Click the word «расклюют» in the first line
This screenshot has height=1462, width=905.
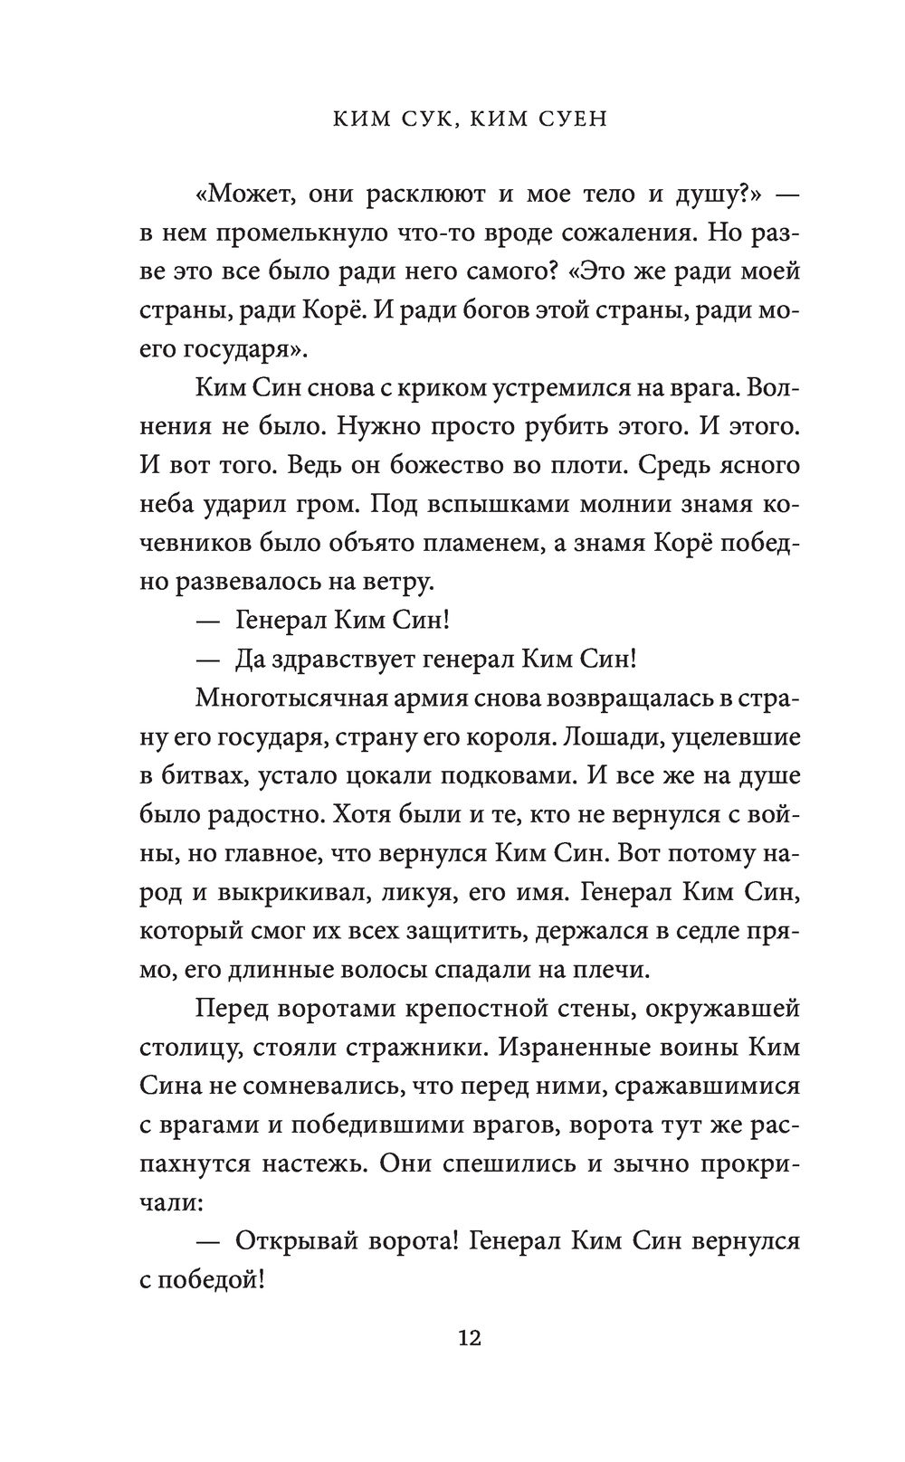point(439,193)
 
